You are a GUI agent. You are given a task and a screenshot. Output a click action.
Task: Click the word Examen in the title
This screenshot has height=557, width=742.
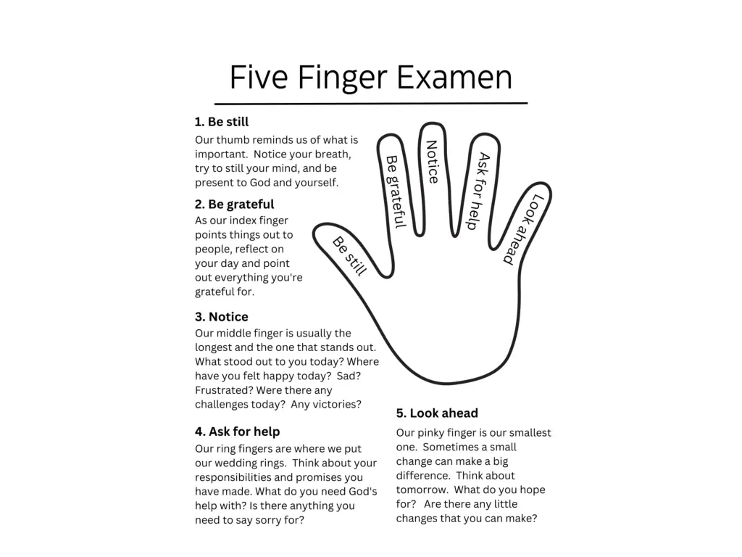454,77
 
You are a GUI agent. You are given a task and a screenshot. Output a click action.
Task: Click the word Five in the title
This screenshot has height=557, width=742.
259,77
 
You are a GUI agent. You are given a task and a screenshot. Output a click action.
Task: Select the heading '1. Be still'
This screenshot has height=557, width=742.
222,122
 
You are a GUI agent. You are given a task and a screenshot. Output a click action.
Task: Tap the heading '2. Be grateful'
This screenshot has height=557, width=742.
234,204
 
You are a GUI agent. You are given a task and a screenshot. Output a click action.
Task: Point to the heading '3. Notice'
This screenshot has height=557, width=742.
222,316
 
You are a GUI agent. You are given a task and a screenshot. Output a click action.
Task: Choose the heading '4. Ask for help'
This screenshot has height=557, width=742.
237,432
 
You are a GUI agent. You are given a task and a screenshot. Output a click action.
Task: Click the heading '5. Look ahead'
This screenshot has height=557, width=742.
437,413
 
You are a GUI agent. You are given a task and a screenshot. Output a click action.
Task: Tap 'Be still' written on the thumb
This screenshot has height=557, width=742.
350,256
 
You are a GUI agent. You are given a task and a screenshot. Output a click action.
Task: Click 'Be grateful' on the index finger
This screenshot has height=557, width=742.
396,191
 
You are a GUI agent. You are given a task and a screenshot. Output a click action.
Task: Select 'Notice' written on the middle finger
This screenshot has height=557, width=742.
432,162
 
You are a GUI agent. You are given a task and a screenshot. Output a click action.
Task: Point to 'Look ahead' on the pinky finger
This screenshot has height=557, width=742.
523,229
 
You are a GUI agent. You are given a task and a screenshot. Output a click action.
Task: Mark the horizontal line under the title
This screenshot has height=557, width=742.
371,103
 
